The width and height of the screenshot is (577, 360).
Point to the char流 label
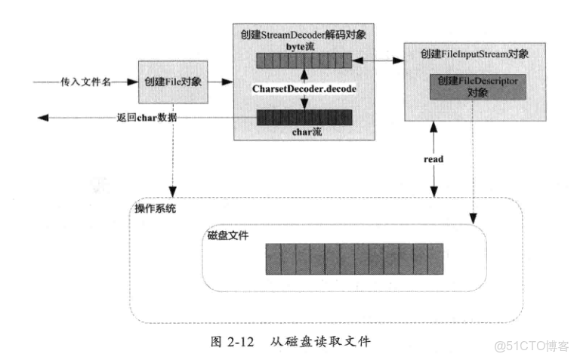tap(304, 133)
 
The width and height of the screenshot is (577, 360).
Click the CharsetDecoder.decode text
tap(304, 89)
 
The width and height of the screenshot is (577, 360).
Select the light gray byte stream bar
tap(304, 60)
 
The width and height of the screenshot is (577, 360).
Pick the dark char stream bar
tap(304, 117)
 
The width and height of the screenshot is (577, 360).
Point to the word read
tap(433, 159)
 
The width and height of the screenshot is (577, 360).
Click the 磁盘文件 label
tap(228, 235)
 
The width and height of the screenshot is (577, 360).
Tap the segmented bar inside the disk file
tap(355, 259)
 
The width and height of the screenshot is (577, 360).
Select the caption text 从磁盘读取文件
tap(321, 340)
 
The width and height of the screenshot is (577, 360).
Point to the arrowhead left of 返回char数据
tap(44, 117)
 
